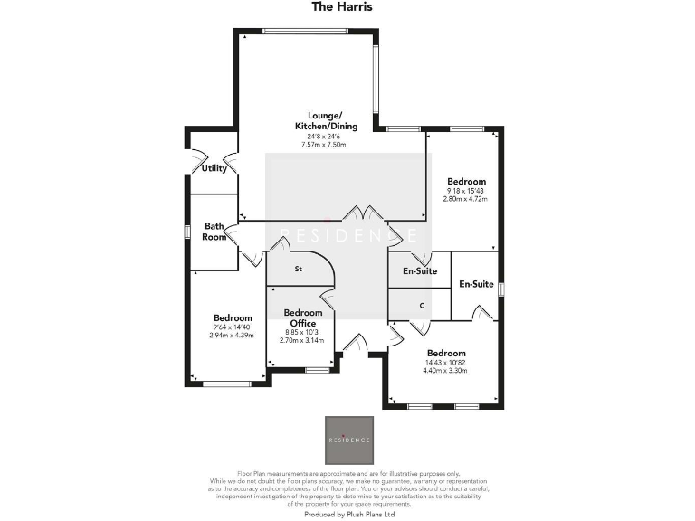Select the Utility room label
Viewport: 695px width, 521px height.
point(214,168)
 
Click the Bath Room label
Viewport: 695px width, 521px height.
point(214,232)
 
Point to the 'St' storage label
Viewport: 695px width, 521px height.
point(298,270)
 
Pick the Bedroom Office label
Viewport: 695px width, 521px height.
point(302,317)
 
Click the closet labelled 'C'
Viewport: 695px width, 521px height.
point(421,306)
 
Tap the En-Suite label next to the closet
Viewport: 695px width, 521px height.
point(420,270)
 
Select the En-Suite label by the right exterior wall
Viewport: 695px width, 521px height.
point(476,284)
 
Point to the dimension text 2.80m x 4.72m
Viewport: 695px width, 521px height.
point(466,199)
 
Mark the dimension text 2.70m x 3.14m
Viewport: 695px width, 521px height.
point(302,342)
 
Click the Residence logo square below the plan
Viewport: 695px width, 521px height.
point(347,440)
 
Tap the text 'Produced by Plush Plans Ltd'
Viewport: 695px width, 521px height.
point(347,513)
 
